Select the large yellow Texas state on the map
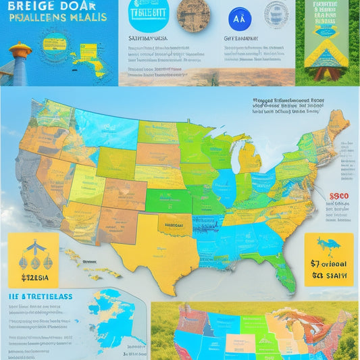[155, 253]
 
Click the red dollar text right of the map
[338, 197]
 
